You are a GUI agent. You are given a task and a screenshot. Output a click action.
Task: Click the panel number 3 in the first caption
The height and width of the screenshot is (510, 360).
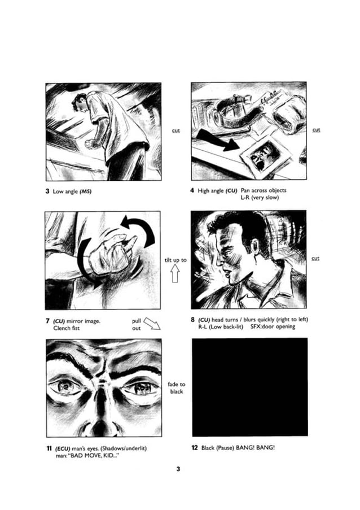pyautogui.click(x=47, y=191)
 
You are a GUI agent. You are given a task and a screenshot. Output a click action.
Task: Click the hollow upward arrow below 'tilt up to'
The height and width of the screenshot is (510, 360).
pyautogui.click(x=175, y=273)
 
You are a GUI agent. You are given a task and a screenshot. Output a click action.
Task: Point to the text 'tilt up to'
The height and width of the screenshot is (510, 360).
pyautogui.click(x=175, y=260)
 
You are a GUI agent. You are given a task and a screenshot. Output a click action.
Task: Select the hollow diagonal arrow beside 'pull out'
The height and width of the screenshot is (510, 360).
pyautogui.click(x=152, y=323)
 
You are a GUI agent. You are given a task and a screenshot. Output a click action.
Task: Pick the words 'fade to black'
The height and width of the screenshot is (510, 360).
pyautogui.click(x=176, y=388)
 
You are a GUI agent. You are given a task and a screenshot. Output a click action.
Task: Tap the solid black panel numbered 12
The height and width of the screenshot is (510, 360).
pyautogui.click(x=250, y=387)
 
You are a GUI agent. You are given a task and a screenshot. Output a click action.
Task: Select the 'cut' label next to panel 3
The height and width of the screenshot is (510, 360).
pyautogui.click(x=175, y=130)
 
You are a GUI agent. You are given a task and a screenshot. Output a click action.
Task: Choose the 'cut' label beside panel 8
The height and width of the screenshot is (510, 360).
pyautogui.click(x=316, y=259)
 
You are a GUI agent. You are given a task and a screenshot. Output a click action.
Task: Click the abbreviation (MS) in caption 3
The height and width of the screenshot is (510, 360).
pyautogui.click(x=85, y=191)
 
